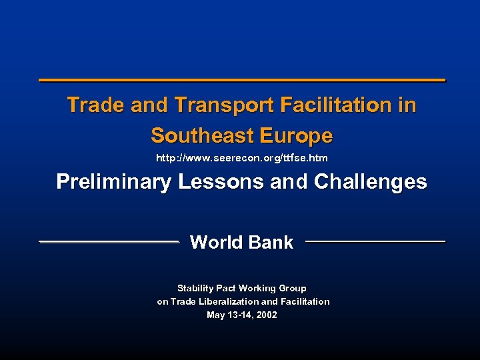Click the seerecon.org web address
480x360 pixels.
point(241,159)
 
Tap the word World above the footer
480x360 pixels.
point(216,243)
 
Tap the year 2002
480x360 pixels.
point(265,315)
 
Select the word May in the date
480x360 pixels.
point(216,315)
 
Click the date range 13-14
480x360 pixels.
point(239,315)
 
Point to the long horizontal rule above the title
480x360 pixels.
point(242,81)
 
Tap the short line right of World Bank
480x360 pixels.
point(375,241)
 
